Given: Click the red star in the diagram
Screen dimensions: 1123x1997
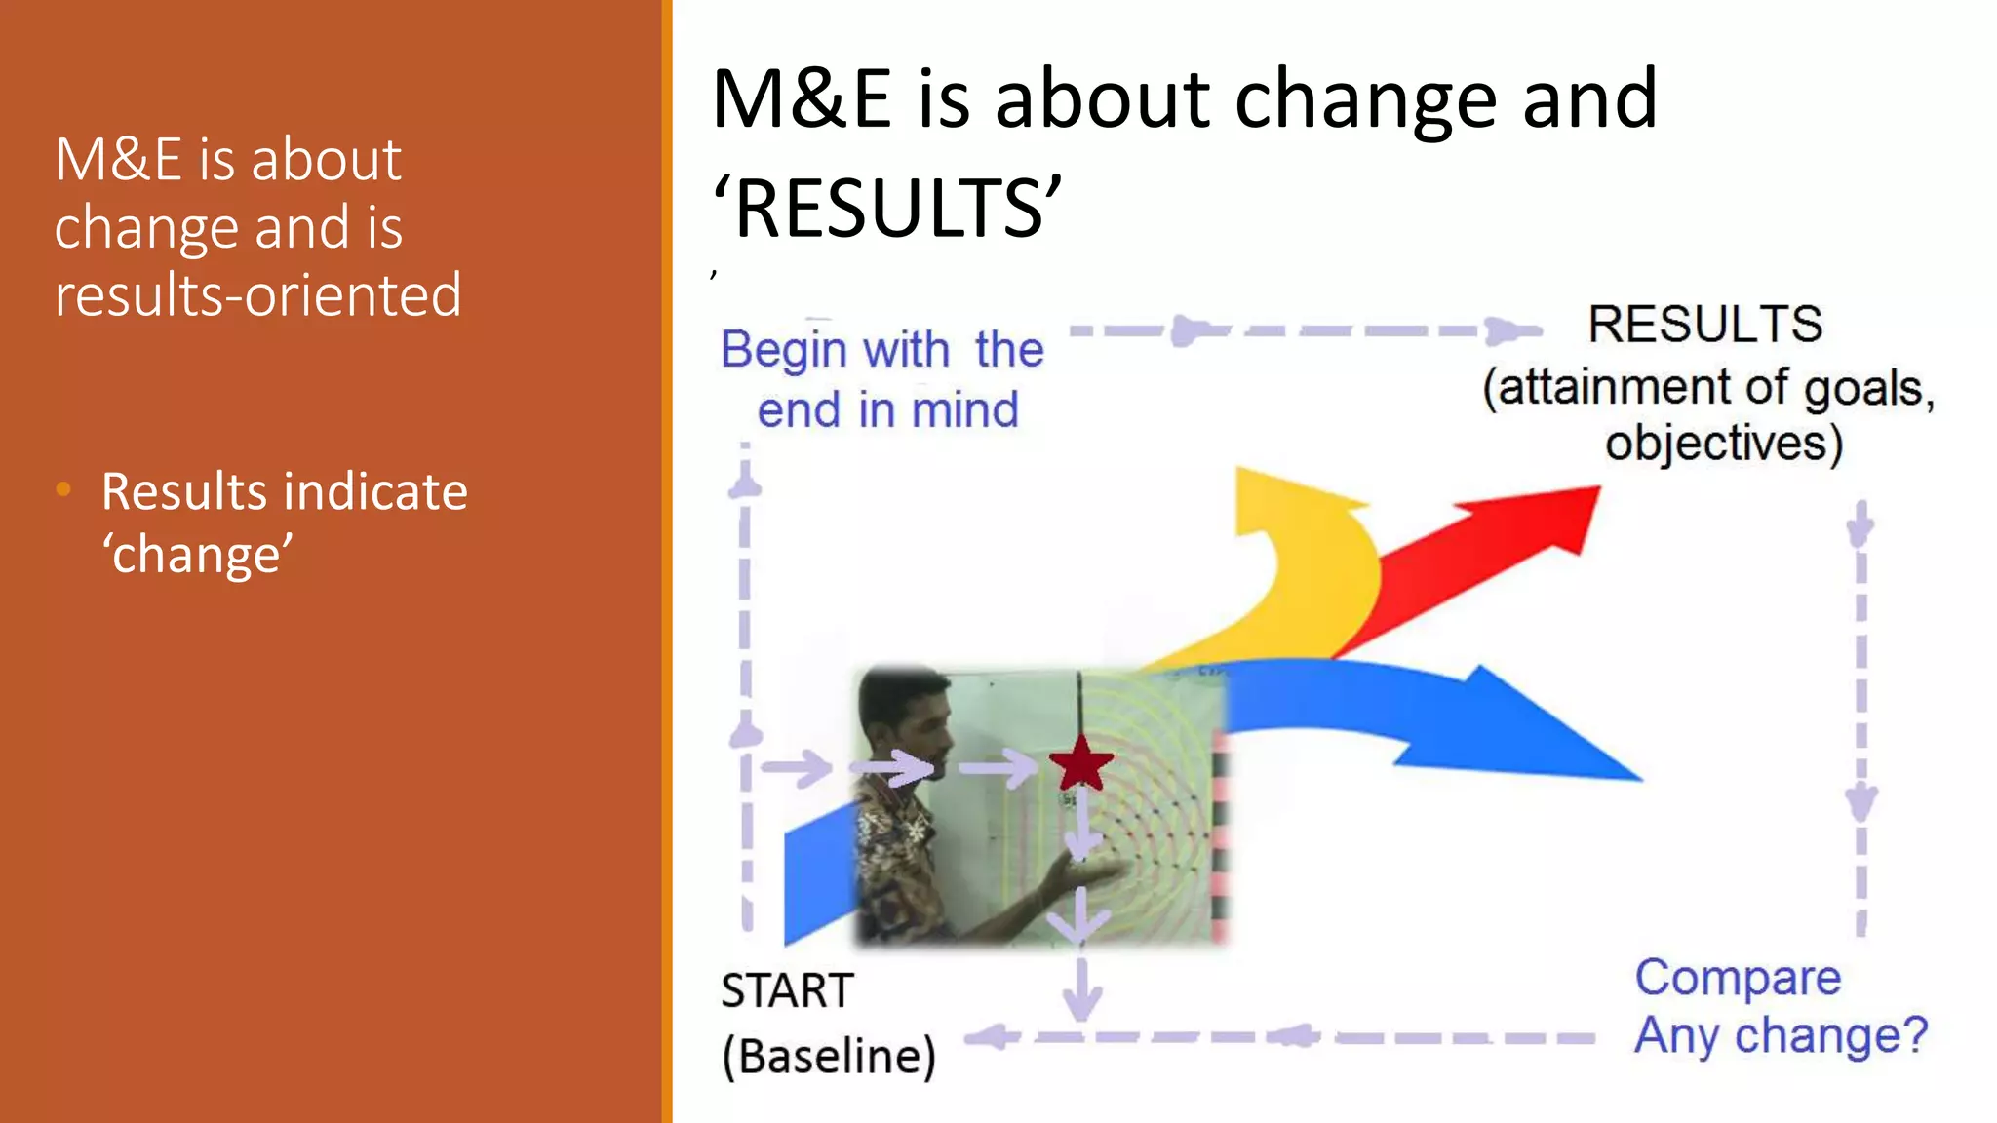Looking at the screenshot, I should tap(1080, 764).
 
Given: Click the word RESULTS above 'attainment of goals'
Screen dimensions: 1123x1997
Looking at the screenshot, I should tap(1704, 325).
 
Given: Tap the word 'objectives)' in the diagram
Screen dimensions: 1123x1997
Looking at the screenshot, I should tap(1724, 444).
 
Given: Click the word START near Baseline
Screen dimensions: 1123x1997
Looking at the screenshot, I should tap(787, 991).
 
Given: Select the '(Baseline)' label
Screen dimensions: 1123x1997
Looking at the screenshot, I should tap(828, 1056).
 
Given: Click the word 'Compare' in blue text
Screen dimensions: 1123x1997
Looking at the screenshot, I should tap(1738, 978).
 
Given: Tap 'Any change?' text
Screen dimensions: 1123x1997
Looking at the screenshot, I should tap(1781, 1035).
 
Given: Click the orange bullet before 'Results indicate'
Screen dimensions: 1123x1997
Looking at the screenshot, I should tap(64, 489).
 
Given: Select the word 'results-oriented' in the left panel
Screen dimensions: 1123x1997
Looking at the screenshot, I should tap(257, 295).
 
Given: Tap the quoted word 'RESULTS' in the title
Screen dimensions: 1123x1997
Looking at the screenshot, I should tap(887, 209).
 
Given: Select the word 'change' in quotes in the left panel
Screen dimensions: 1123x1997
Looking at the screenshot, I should tap(198, 556).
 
